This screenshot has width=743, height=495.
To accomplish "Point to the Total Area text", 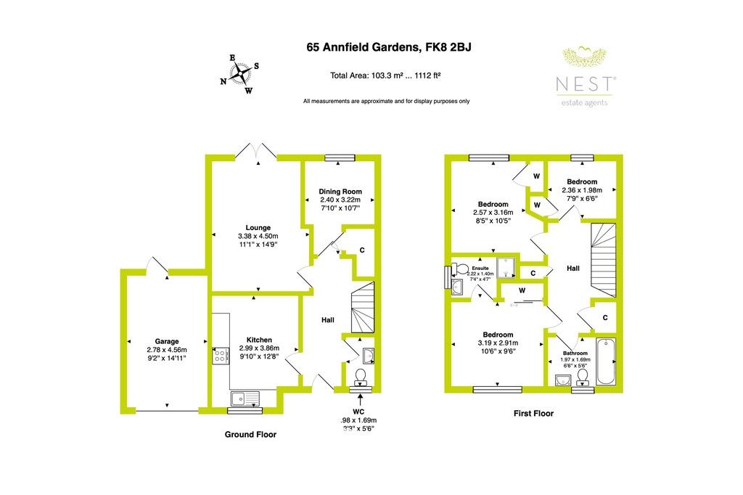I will (x=386, y=75).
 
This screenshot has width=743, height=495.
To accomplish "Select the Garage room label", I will (x=167, y=341).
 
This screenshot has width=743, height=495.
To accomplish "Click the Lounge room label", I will (x=258, y=227).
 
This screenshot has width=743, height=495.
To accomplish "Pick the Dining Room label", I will (x=340, y=192).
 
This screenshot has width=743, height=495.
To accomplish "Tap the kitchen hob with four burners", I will (x=220, y=355).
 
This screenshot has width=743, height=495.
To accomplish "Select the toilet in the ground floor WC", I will (x=359, y=376).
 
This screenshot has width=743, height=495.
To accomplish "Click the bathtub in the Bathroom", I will (x=605, y=361).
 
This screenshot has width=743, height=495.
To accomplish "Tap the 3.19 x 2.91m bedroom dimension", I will (x=497, y=343).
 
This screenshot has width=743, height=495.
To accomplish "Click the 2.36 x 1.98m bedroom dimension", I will (x=582, y=191).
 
